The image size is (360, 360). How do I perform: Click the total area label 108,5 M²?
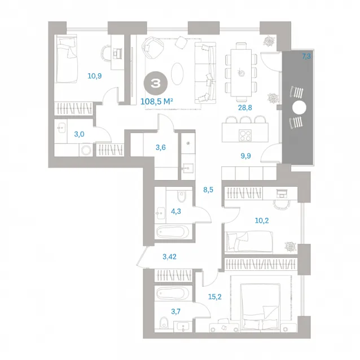point(156,101)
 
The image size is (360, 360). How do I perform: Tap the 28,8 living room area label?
point(245,107)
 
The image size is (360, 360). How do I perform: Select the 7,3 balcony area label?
point(306,56)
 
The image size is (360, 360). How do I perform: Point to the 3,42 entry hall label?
point(169,256)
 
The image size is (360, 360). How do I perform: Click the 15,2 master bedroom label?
point(214,297)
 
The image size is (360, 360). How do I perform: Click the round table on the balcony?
point(299,107)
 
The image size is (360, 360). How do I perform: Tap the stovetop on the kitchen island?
point(245,135)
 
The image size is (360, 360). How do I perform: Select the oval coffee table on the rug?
point(177,74)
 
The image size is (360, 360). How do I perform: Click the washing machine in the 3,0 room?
point(86,151)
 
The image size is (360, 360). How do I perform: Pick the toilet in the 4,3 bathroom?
point(181,197)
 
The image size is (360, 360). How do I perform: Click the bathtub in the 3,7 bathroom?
point(173,293)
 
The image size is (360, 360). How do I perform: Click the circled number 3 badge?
point(156,83)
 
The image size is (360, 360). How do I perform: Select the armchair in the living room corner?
point(152,49)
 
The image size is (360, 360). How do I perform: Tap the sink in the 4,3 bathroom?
point(160,213)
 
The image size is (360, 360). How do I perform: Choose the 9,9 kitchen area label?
point(245,156)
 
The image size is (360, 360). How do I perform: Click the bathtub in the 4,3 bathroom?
point(173,232)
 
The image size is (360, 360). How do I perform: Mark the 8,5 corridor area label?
point(208,190)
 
